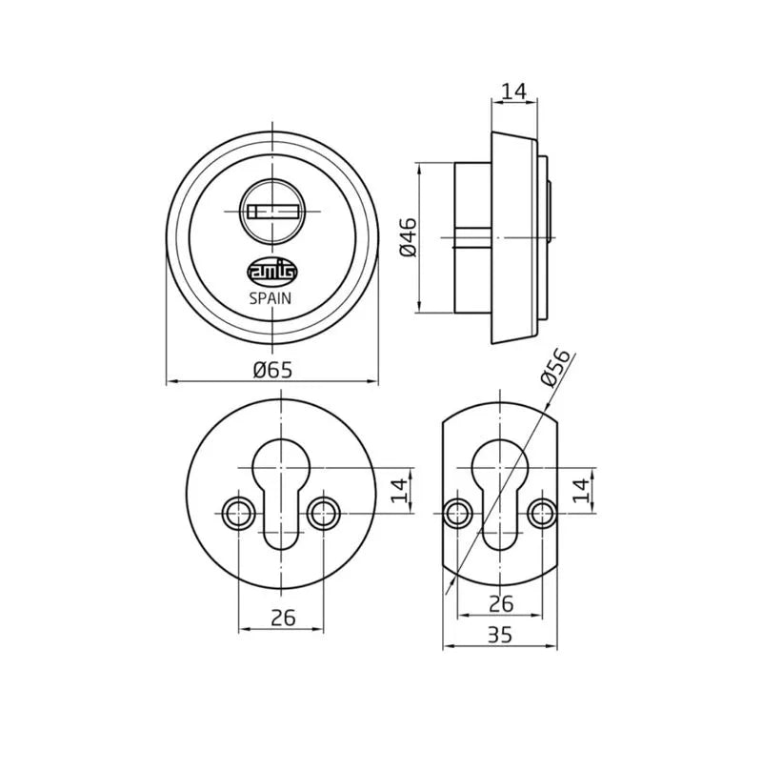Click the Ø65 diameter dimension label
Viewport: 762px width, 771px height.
272,369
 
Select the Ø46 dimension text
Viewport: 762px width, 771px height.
409,237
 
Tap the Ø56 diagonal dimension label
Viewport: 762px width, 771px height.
555,368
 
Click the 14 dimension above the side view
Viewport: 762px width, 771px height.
514,91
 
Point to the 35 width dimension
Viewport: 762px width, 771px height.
500,635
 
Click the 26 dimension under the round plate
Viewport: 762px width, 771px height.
284,618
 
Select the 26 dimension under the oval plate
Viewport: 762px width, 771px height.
501,603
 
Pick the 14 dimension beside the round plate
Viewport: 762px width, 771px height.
399,490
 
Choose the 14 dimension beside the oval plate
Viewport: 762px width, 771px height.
581,490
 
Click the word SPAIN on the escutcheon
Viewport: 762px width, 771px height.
271,298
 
